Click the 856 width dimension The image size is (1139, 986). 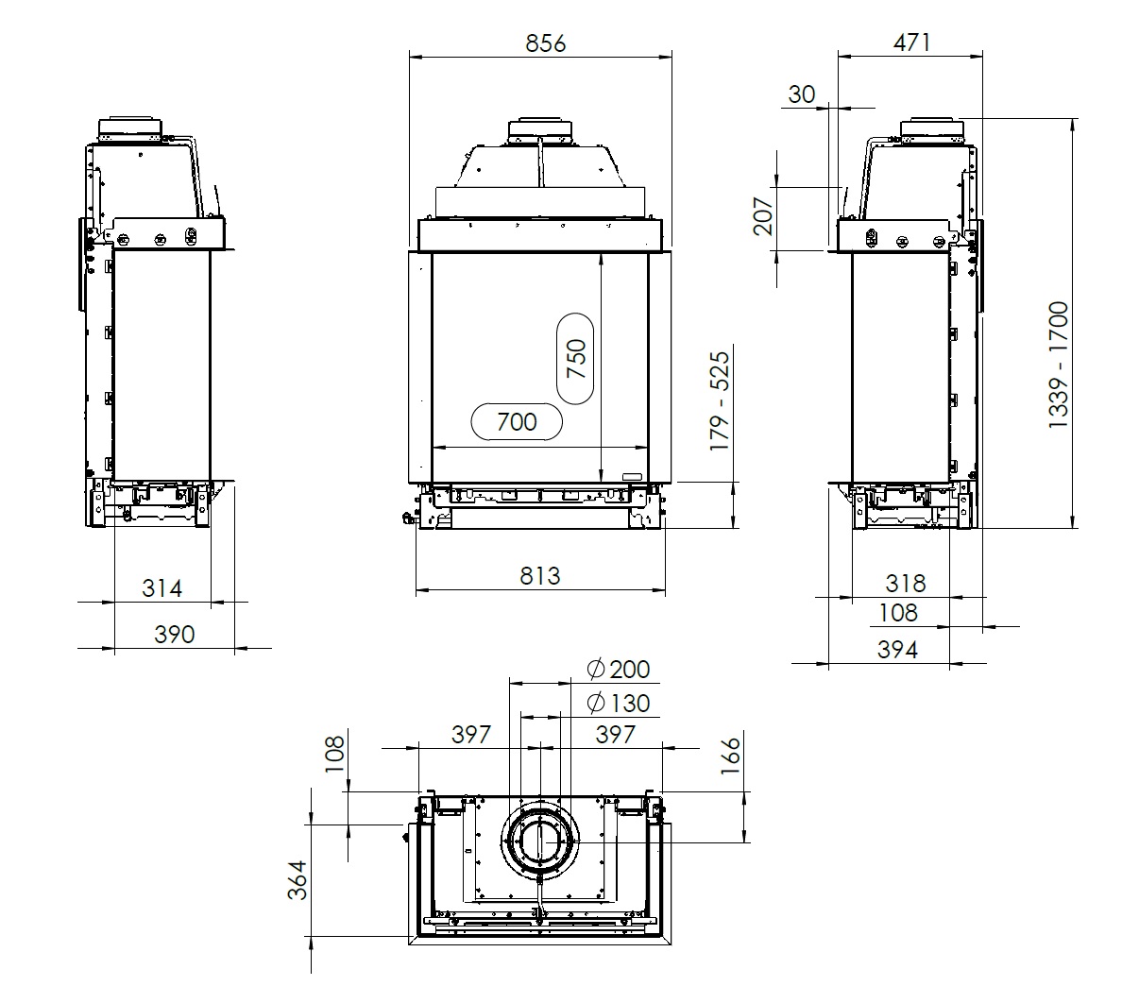(546, 43)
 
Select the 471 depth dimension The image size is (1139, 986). (912, 42)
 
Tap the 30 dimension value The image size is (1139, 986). (801, 94)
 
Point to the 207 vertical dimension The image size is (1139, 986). (763, 216)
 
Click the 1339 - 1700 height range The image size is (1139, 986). (1059, 365)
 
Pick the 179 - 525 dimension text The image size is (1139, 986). (720, 400)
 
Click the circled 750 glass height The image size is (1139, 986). (576, 359)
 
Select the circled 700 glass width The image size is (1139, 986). (517, 422)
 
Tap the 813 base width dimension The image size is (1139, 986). (540, 576)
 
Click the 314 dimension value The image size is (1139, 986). (162, 588)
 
